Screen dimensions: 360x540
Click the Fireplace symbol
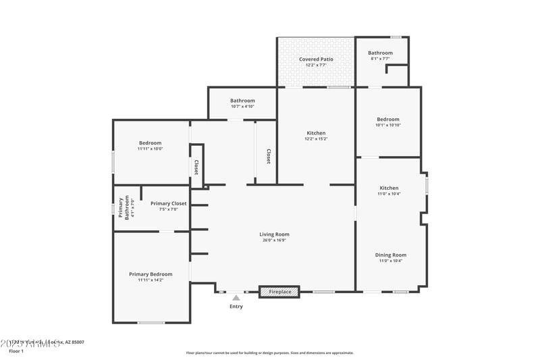click(279, 292)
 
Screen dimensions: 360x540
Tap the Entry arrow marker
click(236, 297)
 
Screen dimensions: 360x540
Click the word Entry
click(236, 307)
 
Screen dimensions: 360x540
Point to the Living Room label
click(274, 234)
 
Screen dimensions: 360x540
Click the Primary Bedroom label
click(151, 274)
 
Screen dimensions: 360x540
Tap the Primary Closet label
click(168, 203)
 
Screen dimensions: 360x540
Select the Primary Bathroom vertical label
click(124, 208)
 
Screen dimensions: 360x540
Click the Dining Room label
click(390, 255)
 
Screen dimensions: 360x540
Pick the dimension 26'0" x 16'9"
click(274, 240)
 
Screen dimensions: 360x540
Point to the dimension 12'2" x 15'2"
click(316, 139)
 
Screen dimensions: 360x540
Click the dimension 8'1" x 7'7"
click(380, 59)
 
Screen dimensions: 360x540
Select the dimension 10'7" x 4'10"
click(242, 106)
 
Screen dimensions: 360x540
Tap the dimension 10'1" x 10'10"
click(388, 125)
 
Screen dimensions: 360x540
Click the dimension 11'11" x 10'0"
click(150, 149)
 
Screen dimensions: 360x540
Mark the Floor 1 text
click(16, 351)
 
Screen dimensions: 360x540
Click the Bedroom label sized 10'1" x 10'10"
click(388, 120)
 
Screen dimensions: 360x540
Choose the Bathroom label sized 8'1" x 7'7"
click(380, 53)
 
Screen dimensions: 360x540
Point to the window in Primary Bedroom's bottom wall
click(151, 322)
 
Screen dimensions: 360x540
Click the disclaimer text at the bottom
click(269, 353)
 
